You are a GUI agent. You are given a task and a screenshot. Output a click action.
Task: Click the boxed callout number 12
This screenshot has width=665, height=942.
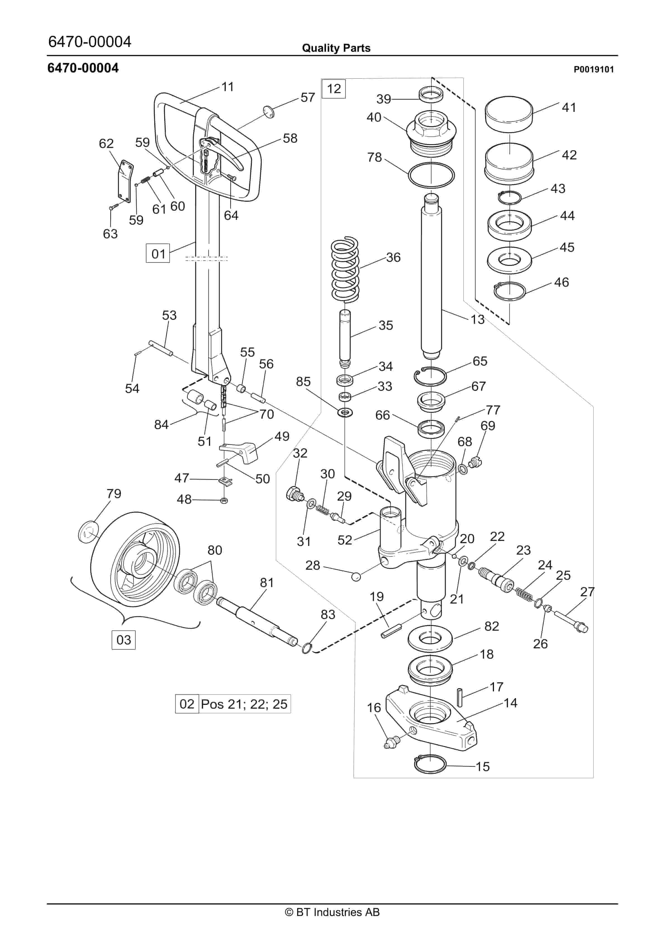pos(333,89)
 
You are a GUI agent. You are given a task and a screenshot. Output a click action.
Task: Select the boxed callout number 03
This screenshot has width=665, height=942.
pos(123,640)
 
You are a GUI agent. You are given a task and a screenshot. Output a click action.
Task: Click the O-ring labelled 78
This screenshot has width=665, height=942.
pos(431,175)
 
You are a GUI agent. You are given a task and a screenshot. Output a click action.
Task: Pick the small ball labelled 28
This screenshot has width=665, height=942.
pos(356,576)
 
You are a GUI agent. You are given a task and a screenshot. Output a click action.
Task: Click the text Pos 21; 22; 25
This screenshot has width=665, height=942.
pos(244,704)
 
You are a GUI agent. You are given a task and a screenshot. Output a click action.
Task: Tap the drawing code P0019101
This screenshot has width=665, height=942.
pos(593,70)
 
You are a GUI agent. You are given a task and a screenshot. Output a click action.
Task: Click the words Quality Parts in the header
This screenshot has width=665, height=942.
pos(336,48)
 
